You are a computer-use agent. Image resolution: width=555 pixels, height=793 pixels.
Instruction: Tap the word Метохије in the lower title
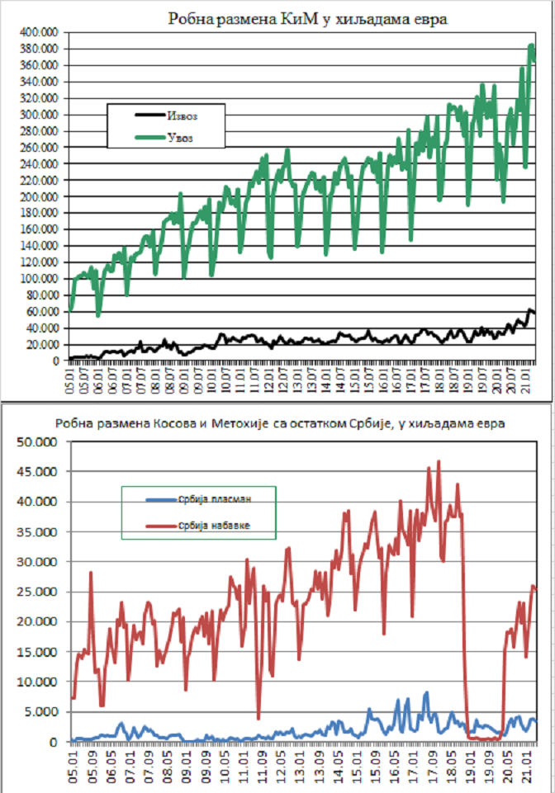tap(252, 424)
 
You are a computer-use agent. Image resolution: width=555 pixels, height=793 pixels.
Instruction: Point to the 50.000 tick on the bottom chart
tap(37, 441)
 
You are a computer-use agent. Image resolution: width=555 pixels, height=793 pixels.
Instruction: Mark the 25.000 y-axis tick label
tap(37, 592)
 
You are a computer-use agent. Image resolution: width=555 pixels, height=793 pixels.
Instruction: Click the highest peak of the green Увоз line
tap(531, 45)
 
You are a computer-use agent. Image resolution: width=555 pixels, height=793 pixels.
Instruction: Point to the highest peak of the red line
tap(439, 461)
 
